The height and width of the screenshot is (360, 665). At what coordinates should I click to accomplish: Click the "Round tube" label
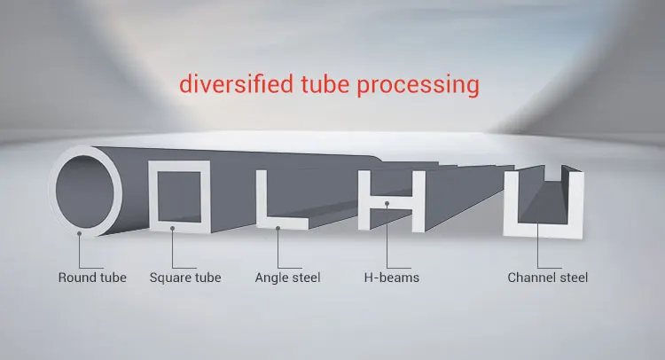[x=92, y=278]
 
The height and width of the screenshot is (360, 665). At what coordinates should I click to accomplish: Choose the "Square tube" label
[x=185, y=278]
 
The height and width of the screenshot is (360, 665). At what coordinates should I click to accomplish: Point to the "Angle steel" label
[x=287, y=278]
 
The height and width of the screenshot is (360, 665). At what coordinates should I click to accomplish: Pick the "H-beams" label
[x=391, y=278]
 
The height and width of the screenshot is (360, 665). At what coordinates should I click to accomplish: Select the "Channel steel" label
[x=547, y=278]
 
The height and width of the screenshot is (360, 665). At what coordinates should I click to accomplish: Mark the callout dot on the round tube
[x=79, y=233]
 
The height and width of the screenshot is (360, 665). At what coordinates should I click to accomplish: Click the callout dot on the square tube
[x=174, y=228]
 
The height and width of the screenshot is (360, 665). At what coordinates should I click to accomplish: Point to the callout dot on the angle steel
[x=278, y=228]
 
